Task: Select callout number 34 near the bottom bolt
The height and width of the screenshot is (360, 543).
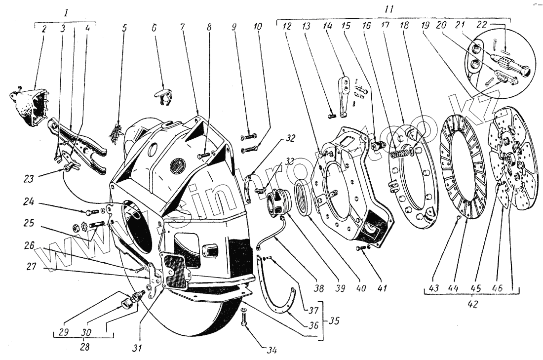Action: (272, 351)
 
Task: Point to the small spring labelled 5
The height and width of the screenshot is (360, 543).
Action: (116, 132)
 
